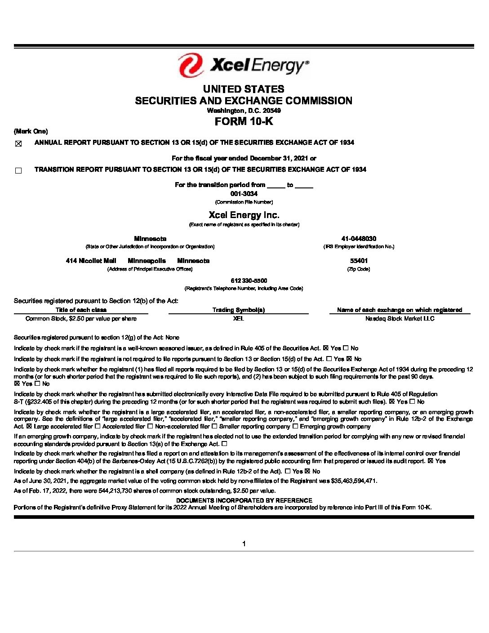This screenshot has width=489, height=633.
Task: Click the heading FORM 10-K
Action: (x=244, y=121)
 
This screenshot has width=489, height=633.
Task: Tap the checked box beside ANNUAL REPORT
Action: (x=18, y=144)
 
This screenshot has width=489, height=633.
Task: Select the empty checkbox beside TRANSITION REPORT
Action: (x=18, y=170)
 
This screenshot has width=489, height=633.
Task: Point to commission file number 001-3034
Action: (x=244, y=194)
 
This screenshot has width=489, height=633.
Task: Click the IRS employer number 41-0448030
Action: (x=358, y=239)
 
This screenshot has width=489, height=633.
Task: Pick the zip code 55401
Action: (x=359, y=261)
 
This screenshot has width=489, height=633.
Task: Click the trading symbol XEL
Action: (x=238, y=318)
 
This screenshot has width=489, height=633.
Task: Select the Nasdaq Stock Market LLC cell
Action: (x=400, y=318)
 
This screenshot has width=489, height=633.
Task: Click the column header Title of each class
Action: (x=81, y=310)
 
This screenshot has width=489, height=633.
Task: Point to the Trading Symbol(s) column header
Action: (x=238, y=310)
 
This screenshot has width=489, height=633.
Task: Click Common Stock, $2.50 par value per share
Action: (x=81, y=318)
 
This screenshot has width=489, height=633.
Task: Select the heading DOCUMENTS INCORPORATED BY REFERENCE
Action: (x=244, y=500)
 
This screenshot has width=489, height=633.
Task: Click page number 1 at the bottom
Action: (x=244, y=544)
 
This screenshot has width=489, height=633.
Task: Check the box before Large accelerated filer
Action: (x=29, y=426)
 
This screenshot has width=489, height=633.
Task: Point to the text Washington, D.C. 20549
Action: (x=244, y=111)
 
